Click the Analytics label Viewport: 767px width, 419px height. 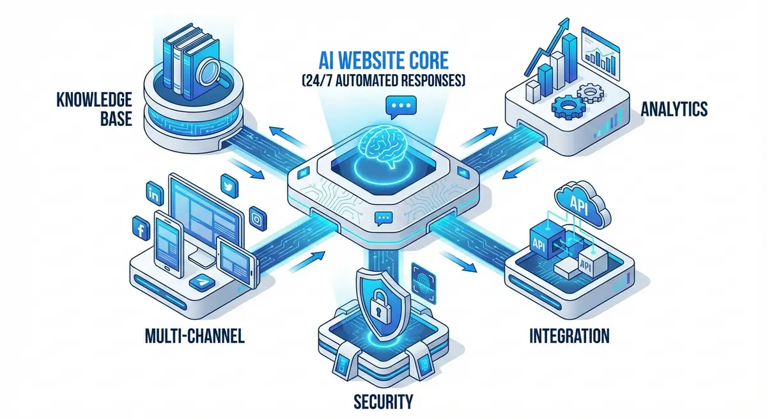tap(674, 109)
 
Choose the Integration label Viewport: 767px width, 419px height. tap(569, 335)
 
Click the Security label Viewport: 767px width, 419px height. tap(383, 402)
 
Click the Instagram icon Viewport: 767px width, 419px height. tap(257, 218)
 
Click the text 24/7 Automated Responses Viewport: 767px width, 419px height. tap(383, 81)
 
